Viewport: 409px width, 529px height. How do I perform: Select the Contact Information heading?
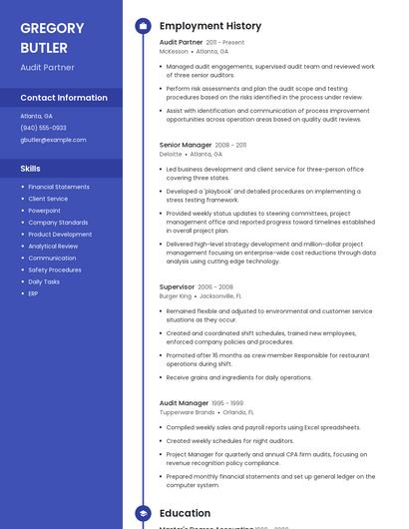click(x=64, y=98)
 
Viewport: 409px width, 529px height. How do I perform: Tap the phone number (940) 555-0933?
click(x=43, y=128)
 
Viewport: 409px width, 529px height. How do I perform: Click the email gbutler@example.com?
click(x=53, y=140)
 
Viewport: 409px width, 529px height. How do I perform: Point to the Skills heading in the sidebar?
click(x=31, y=169)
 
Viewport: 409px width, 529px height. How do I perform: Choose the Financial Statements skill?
click(x=59, y=187)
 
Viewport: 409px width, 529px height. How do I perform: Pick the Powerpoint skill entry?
click(x=45, y=211)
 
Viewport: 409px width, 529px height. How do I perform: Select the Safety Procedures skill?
click(x=55, y=269)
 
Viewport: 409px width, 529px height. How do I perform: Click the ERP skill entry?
click(x=33, y=293)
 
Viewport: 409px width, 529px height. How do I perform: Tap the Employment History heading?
click(x=210, y=26)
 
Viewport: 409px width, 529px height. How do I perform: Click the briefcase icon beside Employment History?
click(x=143, y=26)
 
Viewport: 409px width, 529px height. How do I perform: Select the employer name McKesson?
click(x=174, y=51)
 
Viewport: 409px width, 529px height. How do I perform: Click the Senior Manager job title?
click(x=186, y=145)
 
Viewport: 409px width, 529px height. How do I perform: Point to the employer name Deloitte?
click(x=171, y=154)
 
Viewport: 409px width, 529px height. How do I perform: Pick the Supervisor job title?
click(x=178, y=286)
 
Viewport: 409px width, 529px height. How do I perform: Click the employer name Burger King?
click(x=176, y=296)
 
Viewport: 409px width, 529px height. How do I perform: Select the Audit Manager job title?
click(x=185, y=402)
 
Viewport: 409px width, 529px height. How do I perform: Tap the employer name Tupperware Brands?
click(x=187, y=411)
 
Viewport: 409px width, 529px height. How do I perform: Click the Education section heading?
click(x=185, y=513)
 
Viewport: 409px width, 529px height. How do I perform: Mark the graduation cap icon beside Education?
click(x=143, y=513)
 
